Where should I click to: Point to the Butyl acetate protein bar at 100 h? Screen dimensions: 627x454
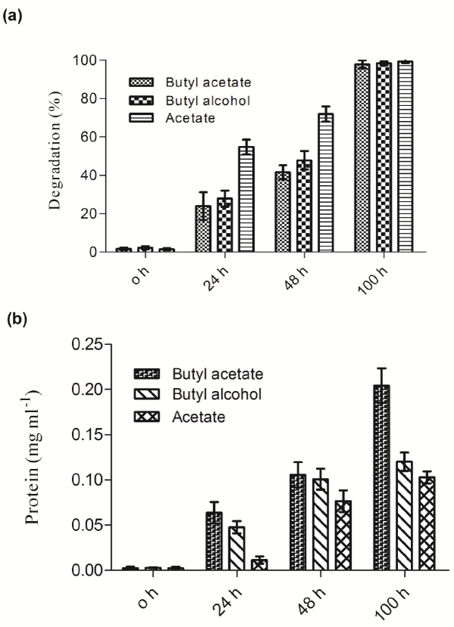point(382,477)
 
